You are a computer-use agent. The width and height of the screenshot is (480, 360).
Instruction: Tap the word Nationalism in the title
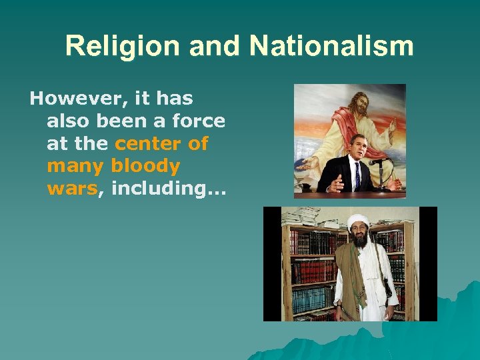(331, 47)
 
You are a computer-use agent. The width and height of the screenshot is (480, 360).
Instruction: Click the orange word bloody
(146, 166)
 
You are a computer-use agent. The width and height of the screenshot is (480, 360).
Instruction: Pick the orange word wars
(73, 189)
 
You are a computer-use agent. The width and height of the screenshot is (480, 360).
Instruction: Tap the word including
(169, 189)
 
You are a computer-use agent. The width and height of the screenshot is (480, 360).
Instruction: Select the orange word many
(76, 166)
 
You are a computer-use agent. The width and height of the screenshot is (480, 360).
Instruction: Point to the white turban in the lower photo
(359, 221)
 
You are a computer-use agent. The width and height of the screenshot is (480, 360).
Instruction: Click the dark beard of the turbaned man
(360, 240)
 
